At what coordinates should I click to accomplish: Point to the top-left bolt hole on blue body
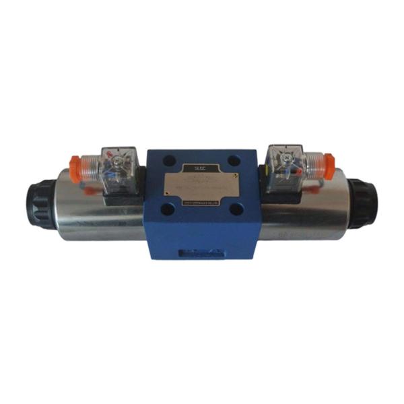pos(168,163)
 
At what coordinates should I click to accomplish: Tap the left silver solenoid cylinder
pos(101,209)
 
